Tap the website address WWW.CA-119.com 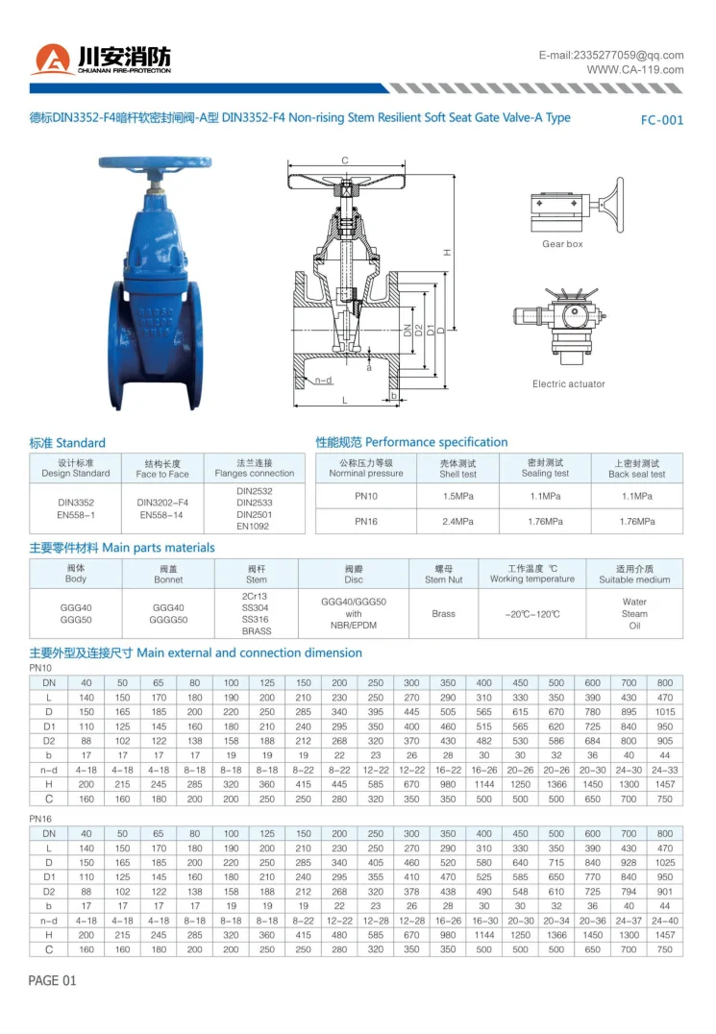point(635,70)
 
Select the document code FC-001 point(662,120)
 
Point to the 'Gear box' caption point(562,244)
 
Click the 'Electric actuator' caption point(568,383)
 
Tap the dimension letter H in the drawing point(447,253)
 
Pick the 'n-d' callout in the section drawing point(323,380)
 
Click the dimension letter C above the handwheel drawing point(345,160)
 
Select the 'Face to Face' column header point(162,474)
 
